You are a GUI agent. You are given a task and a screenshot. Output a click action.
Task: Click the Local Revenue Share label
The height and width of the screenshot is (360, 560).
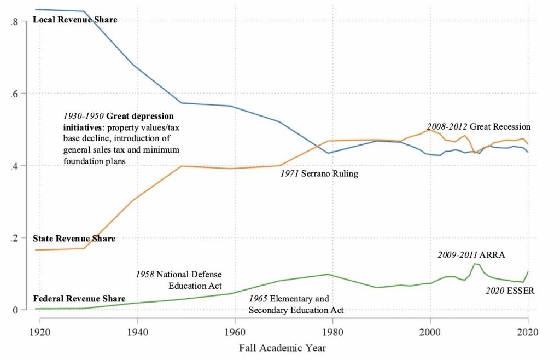pos(75,20)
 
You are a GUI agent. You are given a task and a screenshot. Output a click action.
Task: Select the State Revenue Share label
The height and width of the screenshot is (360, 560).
pos(74,239)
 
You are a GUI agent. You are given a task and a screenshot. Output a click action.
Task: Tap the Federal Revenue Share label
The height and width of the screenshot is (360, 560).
pos(79,299)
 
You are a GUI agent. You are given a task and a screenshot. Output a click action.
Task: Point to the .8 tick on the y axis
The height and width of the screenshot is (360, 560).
pos(15,22)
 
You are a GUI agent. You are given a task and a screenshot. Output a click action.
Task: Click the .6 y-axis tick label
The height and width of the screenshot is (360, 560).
pos(15,94)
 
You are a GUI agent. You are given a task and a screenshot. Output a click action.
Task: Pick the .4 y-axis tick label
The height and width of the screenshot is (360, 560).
pos(15,166)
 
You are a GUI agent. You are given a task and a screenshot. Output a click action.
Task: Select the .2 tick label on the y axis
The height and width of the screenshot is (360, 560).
pos(15,238)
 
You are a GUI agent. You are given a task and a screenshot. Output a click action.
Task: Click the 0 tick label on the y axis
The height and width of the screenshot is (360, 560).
pos(16,310)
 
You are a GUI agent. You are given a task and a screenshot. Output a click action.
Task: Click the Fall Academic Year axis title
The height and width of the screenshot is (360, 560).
pos(283,347)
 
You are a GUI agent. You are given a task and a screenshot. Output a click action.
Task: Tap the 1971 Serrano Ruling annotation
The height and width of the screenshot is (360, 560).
pos(319,174)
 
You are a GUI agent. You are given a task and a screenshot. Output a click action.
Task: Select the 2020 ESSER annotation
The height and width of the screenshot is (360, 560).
pos(510,291)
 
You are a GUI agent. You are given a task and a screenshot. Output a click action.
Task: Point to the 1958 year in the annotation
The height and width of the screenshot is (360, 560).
pos(145,275)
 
